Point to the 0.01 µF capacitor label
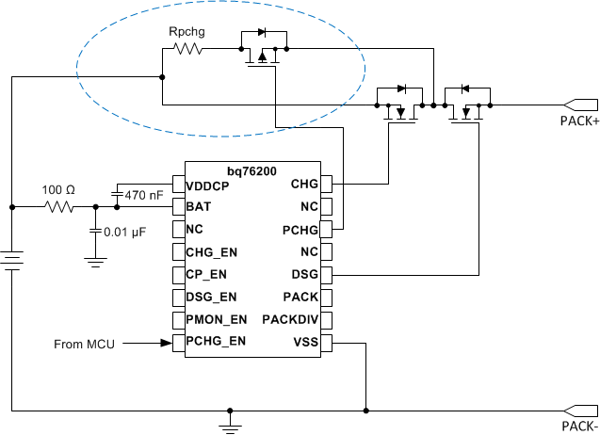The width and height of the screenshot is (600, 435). tap(127, 232)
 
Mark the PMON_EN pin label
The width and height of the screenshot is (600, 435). tap(217, 319)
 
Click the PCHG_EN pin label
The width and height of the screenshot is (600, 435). tap(217, 342)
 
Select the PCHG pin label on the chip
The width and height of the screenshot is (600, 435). tap(299, 229)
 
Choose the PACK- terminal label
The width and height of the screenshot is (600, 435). tap(576, 427)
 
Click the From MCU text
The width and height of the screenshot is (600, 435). tap(84, 345)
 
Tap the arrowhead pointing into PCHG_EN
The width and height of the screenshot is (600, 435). tap(165, 344)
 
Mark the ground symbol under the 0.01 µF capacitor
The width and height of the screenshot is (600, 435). tap(94, 264)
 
